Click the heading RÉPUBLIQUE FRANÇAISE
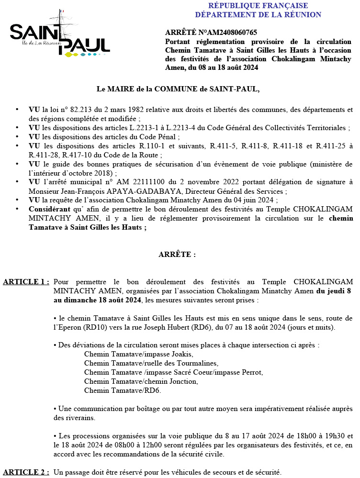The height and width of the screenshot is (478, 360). [258, 6]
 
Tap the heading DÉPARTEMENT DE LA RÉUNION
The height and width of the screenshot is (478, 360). [258, 15]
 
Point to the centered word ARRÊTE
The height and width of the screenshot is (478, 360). [177, 255]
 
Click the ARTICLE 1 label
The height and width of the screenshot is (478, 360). [26, 282]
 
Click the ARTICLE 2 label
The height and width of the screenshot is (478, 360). [26, 472]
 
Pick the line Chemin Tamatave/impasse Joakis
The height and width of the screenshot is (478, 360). [138, 354]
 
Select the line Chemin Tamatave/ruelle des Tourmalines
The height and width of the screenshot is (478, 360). [151, 363]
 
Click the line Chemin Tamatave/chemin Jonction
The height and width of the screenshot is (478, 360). [141, 381]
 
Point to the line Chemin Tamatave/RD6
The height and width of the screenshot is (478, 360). [123, 390]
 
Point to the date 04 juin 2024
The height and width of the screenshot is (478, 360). [261, 200]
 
